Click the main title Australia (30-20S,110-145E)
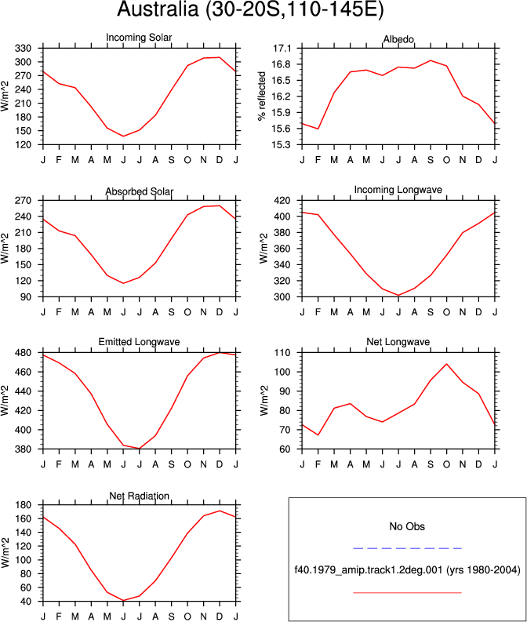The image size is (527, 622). (250, 9)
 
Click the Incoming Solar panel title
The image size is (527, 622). (139, 38)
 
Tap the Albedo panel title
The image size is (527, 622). (398, 39)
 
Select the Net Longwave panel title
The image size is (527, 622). (398, 341)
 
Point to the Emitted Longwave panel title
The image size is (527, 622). (139, 341)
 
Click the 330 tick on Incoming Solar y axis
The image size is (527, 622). (23, 49)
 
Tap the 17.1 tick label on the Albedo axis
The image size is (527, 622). (282, 49)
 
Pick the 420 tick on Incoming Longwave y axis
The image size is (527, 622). (282, 200)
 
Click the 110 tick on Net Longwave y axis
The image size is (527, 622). (282, 353)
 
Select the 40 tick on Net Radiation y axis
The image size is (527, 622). (26, 602)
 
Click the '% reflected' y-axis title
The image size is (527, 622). (262, 96)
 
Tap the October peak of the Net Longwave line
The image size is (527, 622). (446, 364)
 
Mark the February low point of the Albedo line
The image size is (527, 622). (318, 129)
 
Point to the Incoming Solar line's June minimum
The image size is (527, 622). (123, 136)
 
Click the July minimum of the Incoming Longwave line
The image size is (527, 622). (398, 296)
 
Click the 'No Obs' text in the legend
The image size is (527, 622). (407, 526)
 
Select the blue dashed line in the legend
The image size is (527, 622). (407, 548)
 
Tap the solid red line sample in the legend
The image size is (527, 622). (407, 593)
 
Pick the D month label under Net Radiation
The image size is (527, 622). (220, 617)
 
